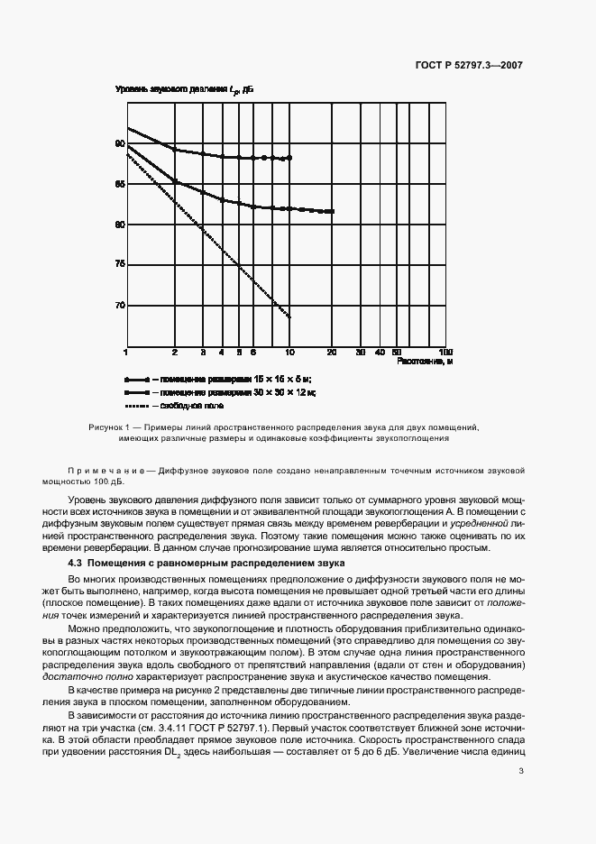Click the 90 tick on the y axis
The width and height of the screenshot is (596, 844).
[x=119, y=143]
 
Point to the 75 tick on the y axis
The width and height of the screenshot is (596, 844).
[x=119, y=264]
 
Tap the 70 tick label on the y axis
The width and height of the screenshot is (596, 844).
[x=119, y=306]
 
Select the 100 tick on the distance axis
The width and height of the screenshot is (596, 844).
[x=444, y=351]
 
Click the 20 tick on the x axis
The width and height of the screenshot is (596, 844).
[x=333, y=351]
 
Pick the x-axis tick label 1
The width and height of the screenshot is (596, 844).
[x=127, y=351]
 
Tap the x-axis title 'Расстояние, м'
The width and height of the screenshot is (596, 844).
[x=422, y=362]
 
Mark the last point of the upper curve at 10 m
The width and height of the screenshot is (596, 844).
[x=289, y=158]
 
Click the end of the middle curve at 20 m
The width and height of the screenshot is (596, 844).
[x=333, y=211]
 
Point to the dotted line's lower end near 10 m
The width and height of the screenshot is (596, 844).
[x=289, y=317]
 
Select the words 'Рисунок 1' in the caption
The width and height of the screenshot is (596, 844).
[x=109, y=427]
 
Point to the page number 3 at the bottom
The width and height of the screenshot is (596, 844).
[x=520, y=771]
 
